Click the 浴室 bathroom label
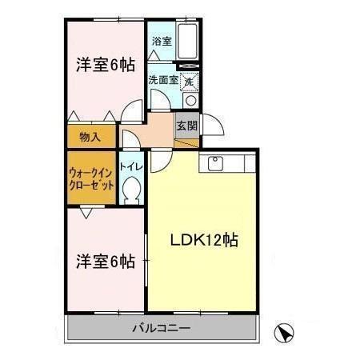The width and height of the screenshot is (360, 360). [x=161, y=40]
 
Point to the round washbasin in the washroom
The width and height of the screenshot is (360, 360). [x=190, y=101]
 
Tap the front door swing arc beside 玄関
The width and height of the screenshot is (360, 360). [x=210, y=125]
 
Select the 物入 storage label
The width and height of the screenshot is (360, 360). [x=90, y=137]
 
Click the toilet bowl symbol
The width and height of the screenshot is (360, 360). [x=131, y=189]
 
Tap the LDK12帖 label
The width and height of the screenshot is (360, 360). [x=202, y=239]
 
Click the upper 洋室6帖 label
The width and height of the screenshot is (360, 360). [x=105, y=66]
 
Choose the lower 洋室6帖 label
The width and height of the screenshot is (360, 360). [x=105, y=261]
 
